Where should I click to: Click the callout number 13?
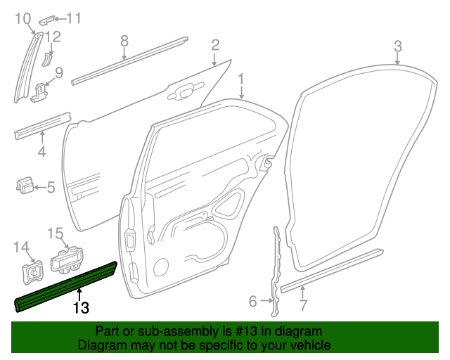81,307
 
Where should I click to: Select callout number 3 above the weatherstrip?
397,47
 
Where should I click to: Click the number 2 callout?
215,46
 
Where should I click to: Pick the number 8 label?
124,41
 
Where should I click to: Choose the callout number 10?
23,18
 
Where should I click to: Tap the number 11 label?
74,18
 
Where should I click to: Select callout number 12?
53,37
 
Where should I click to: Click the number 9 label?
59,72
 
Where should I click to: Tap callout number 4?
41,152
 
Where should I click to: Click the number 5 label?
51,187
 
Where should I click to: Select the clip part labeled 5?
24,186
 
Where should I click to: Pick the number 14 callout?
21,246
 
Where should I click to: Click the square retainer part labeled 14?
32,270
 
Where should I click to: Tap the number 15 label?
55,233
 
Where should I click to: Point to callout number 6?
253,302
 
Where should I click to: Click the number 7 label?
303,306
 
